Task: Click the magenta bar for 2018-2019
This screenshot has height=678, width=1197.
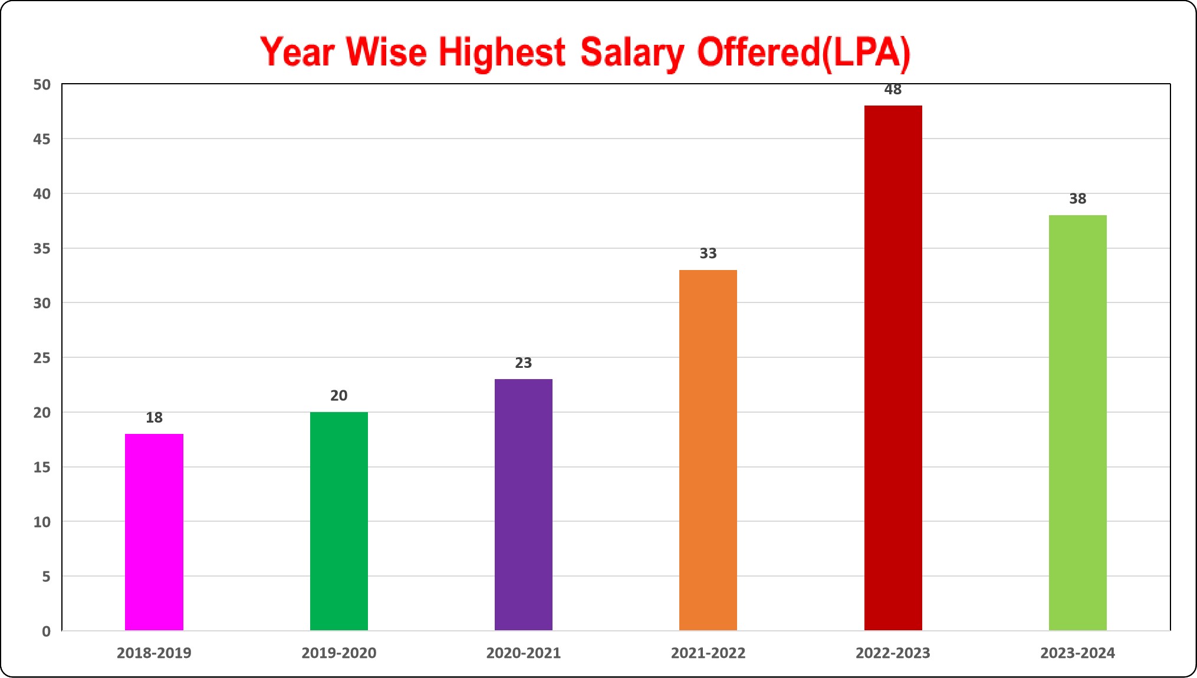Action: (x=154, y=532)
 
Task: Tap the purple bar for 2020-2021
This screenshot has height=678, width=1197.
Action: (x=523, y=505)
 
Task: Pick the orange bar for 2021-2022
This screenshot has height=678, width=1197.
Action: (x=708, y=450)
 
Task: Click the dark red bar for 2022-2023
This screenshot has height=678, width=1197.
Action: (x=893, y=368)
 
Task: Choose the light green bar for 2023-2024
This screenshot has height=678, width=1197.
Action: (x=1077, y=423)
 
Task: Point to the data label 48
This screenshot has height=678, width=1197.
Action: (x=893, y=90)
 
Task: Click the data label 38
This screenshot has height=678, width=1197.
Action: (x=1077, y=199)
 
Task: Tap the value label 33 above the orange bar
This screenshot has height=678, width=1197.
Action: (x=708, y=254)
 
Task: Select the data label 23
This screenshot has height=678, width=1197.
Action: (x=523, y=363)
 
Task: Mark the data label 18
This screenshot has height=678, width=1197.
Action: (x=154, y=417)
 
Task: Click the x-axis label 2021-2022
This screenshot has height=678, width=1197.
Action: (x=708, y=653)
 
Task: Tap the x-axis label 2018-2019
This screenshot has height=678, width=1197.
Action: (x=154, y=653)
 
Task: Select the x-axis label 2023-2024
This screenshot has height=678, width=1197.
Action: (x=1077, y=653)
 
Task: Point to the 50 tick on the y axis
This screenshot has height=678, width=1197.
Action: (x=42, y=85)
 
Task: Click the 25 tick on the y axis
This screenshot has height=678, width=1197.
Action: (x=42, y=358)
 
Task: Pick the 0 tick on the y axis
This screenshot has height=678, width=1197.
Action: (x=46, y=631)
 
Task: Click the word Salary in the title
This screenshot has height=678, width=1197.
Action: (x=632, y=53)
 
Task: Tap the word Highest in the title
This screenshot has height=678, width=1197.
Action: (x=502, y=53)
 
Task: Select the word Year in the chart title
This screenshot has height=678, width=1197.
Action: (x=297, y=52)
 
